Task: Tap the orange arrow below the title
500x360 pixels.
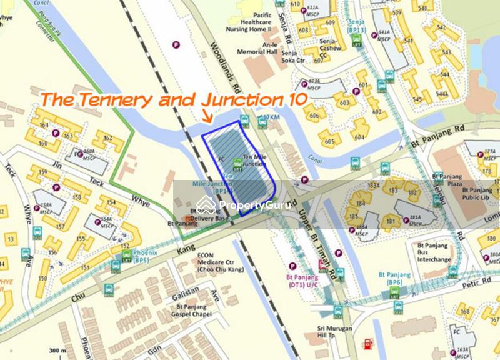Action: tap(207, 116)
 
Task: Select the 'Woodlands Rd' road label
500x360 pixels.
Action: tap(225, 62)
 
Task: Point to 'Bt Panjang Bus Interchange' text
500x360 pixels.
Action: tap(437, 252)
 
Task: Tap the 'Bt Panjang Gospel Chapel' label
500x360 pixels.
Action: tap(191, 311)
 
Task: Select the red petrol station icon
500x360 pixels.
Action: tap(368, 343)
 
